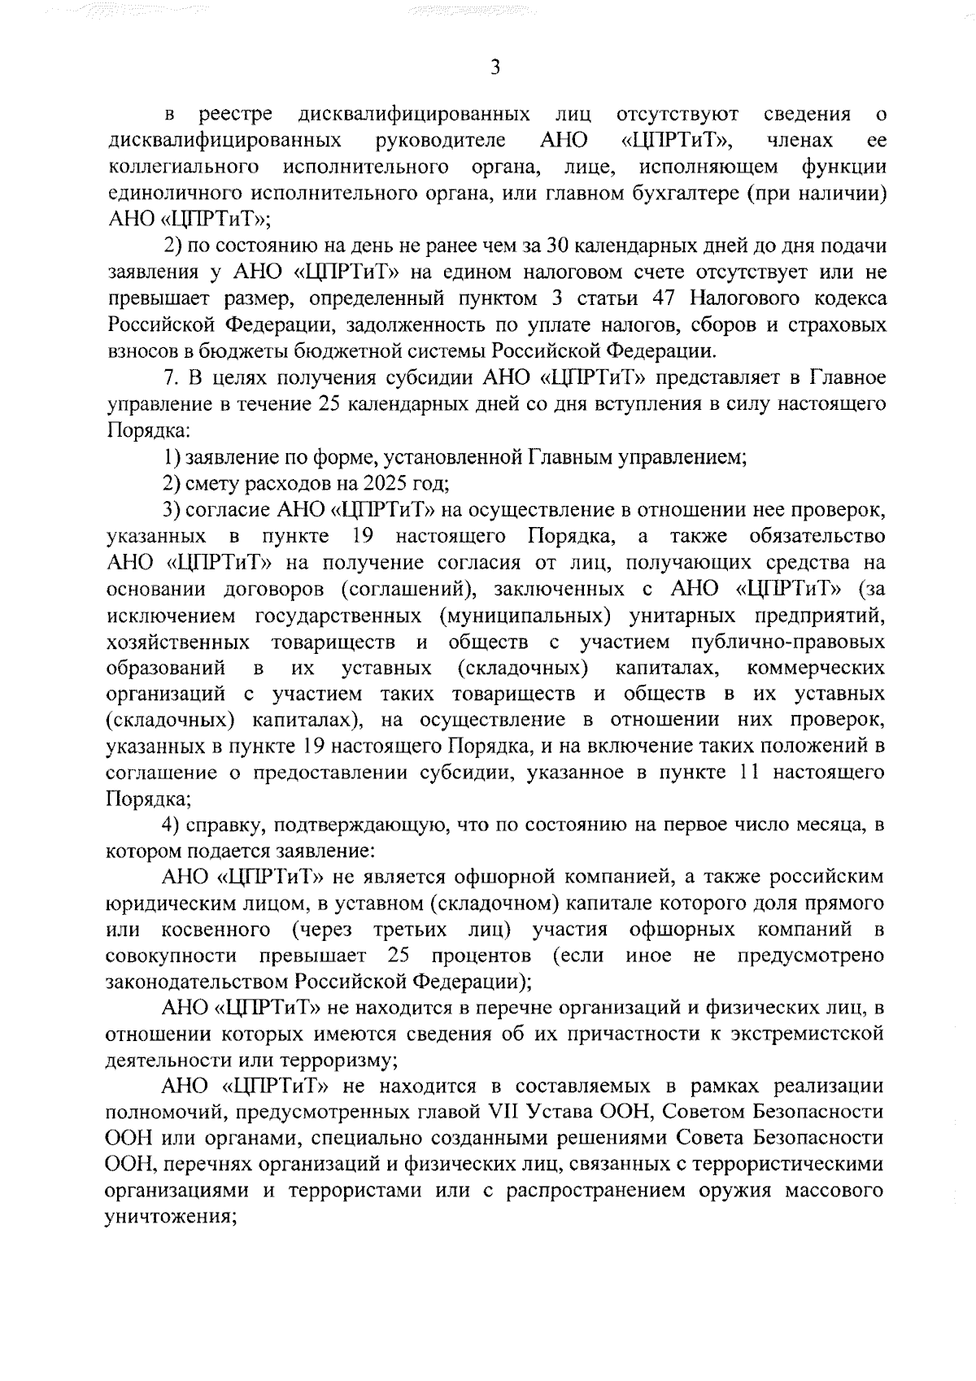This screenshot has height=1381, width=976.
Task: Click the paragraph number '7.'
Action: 171,377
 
